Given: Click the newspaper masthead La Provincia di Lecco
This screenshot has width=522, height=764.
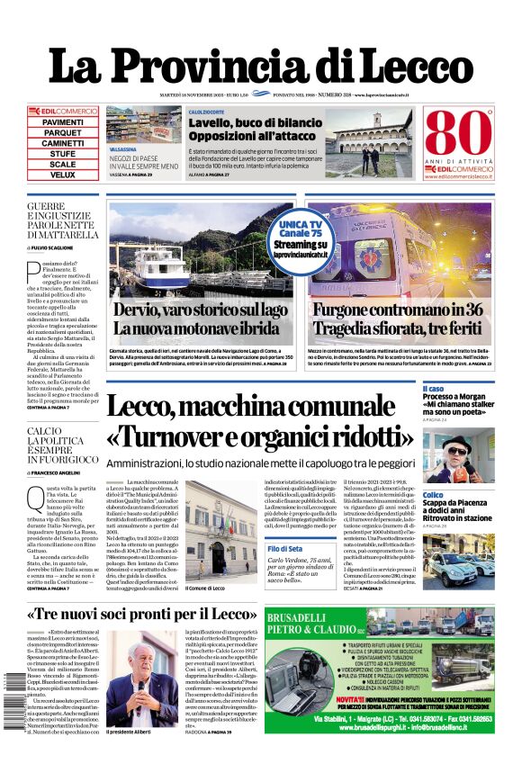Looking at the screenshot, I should click(x=260, y=66).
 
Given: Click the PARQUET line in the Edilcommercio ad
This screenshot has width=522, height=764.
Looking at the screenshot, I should click(x=63, y=132).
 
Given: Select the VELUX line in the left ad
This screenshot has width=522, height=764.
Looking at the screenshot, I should click(x=63, y=175).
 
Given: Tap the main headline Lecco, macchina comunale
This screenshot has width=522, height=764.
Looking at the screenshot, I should click(x=261, y=422).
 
